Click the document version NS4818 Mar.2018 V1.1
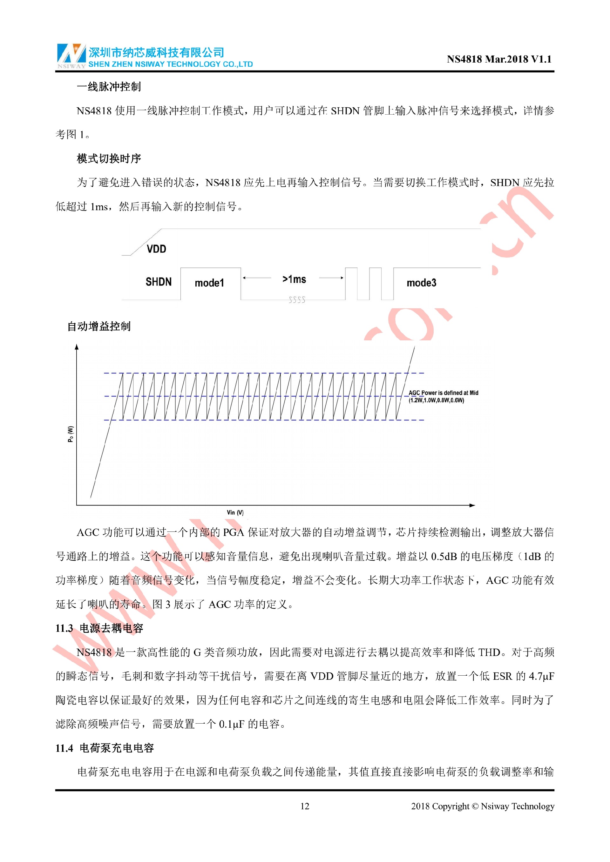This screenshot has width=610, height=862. point(499,59)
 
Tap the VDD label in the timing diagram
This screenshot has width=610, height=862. point(156,249)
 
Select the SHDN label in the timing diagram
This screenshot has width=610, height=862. point(159,282)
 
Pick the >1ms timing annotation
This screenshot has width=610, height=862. point(294,279)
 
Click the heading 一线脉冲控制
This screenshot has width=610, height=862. point(109,87)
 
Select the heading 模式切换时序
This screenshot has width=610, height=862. point(109,158)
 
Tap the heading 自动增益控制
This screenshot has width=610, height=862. point(99,326)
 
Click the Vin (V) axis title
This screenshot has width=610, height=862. point(235,512)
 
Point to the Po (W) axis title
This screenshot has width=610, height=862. point(71,434)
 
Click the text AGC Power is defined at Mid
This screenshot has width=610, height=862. point(443,393)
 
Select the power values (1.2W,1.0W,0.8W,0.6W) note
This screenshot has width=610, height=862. point(437,400)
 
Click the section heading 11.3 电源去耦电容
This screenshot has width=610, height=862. point(99,628)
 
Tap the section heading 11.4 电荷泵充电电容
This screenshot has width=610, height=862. point(105,748)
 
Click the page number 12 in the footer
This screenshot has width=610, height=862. point(305,806)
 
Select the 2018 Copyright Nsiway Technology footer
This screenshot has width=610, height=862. point(482,806)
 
